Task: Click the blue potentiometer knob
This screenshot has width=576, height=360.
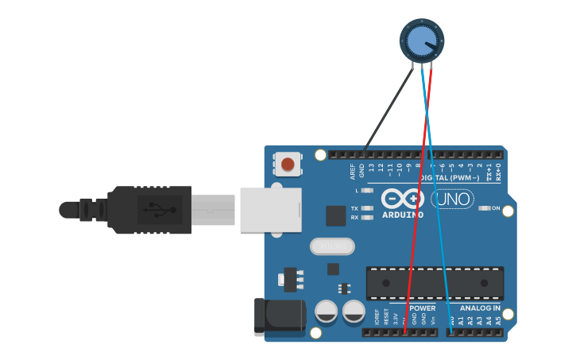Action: pyautogui.click(x=421, y=40)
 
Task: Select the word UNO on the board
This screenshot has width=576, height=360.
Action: pyautogui.click(x=453, y=199)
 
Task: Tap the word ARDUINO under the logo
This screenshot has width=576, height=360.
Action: pyautogui.click(x=402, y=215)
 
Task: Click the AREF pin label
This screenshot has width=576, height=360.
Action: pyautogui.click(x=353, y=171)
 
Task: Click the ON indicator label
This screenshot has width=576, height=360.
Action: pyautogui.click(x=496, y=208)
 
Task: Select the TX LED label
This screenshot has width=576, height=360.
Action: pyautogui.click(x=355, y=208)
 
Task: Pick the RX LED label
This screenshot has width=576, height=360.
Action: pyautogui.click(x=355, y=216)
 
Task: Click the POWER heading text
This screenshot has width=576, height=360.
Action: pyautogui.click(x=422, y=308)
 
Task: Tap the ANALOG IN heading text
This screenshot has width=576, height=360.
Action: pyautogui.click(x=481, y=308)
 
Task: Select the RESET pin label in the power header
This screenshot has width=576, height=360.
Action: pyautogui.click(x=387, y=318)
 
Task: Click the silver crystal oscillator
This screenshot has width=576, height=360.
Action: pyautogui.click(x=331, y=246)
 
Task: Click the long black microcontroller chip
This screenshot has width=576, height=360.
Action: pyautogui.click(x=435, y=284)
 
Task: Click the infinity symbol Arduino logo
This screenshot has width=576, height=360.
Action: pyautogui.click(x=402, y=198)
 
